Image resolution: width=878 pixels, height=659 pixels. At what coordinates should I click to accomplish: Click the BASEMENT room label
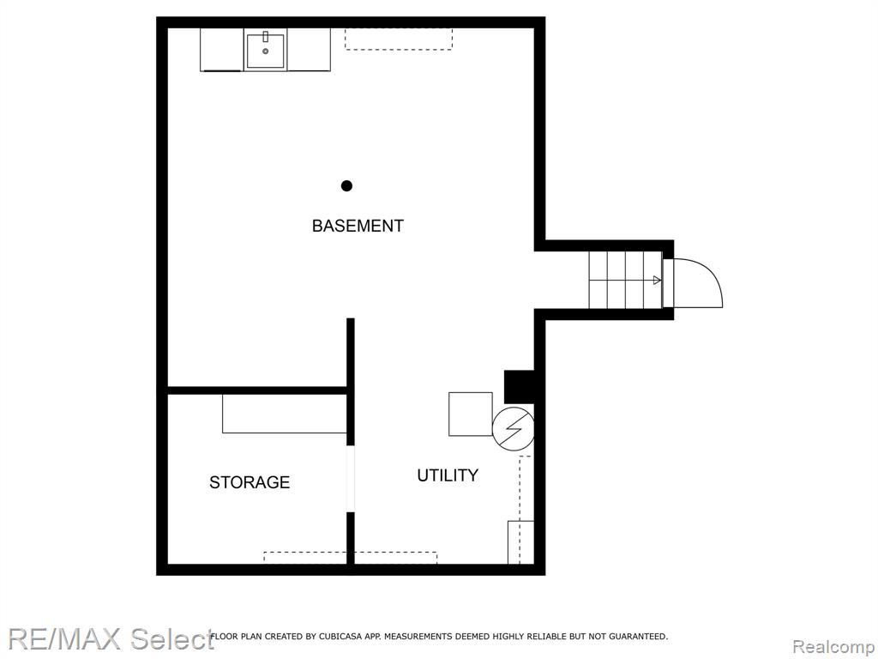pos(358,226)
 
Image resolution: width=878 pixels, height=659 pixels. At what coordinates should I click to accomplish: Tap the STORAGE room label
pos(250,482)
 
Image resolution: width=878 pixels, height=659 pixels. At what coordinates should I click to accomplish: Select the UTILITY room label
pos(448,475)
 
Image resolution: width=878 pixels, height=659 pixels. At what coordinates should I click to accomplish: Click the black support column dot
pos(346,185)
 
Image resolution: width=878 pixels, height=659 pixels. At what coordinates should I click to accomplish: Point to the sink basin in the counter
pos(266,51)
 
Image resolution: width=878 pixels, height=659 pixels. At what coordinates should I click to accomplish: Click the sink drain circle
pos(266,51)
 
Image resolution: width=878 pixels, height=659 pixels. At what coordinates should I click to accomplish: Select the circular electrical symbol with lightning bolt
pos(513,429)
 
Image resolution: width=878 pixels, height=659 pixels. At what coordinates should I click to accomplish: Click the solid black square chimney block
pos(519,387)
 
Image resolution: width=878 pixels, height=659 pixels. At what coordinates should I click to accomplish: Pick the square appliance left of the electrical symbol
pos(471,414)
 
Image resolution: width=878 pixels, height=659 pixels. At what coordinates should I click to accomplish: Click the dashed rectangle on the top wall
pos(399,39)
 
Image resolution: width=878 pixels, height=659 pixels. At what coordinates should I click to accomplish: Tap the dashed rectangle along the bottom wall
pos(350,558)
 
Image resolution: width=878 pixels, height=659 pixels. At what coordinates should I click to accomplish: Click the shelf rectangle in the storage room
pos(285,414)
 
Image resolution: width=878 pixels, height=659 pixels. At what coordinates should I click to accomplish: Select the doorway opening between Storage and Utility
pos(351,479)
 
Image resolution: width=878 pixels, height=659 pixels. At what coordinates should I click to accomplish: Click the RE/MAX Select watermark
pos(111,638)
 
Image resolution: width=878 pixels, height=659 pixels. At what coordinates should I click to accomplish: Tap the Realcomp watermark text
pos(834,647)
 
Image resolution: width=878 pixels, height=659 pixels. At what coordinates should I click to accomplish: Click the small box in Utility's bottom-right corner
pos(520,542)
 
